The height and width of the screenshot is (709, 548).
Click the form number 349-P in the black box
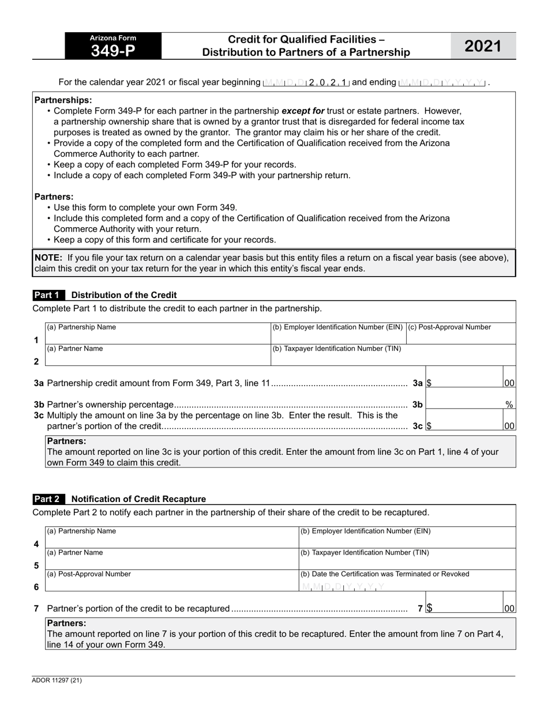coord(113,51)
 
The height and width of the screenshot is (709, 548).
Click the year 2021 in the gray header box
coord(483,46)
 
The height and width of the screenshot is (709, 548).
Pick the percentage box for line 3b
coord(464,404)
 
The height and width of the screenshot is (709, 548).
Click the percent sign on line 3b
coord(509,405)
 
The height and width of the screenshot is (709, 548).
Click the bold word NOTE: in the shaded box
coord(48,258)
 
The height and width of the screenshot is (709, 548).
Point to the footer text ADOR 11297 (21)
coord(57,680)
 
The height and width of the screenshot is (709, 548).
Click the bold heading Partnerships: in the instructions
coord(63,100)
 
